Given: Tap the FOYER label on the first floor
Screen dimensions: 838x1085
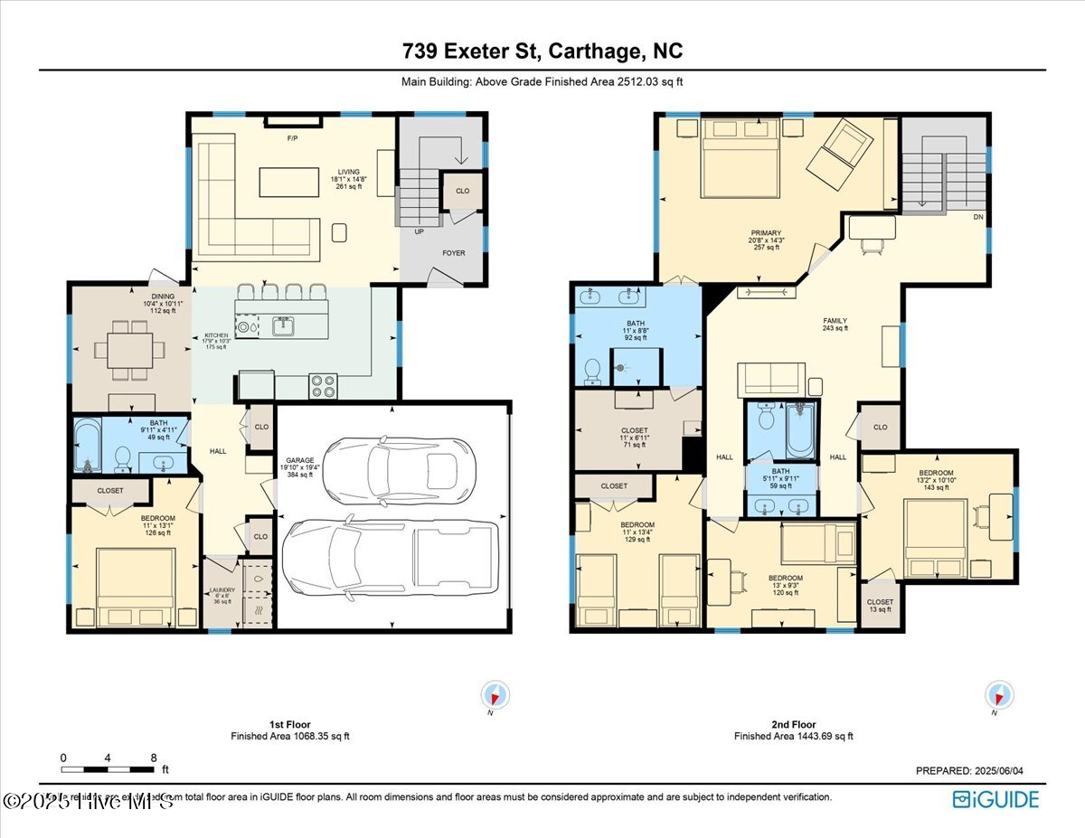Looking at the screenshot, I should pyautogui.click(x=454, y=253).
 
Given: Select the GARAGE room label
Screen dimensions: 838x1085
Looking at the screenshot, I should pyautogui.click(x=299, y=460).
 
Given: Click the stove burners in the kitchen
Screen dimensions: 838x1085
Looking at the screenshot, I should pyautogui.click(x=323, y=386).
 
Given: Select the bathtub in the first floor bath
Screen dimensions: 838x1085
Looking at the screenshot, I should pyautogui.click(x=87, y=446).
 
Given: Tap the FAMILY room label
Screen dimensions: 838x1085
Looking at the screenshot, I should pyautogui.click(x=835, y=321).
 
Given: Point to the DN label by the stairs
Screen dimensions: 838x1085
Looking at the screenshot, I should pyautogui.click(x=976, y=218).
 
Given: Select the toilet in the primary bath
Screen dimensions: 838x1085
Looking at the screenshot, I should pyautogui.click(x=593, y=369).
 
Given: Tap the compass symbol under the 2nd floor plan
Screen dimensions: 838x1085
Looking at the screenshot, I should pyautogui.click(x=999, y=695).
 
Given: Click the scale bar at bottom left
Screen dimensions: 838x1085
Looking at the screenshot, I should pyautogui.click(x=108, y=769).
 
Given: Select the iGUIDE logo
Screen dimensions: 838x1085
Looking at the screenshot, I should pyautogui.click(x=995, y=799).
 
